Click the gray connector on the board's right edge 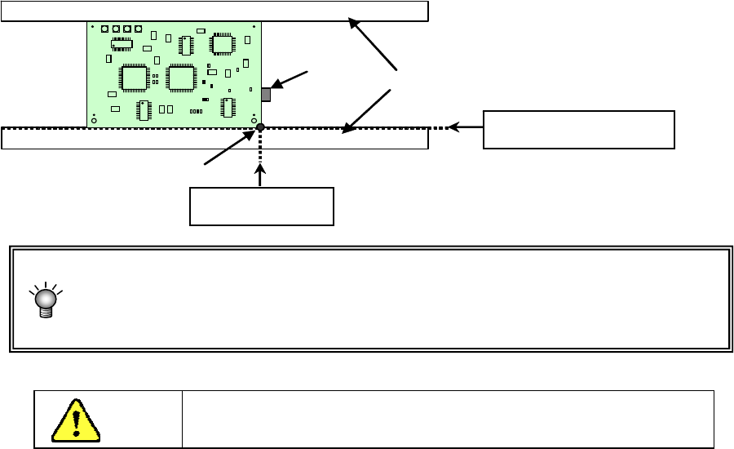coord(265,94)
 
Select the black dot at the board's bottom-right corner coord(260,127)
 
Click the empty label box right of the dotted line coord(578,130)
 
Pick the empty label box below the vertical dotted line coord(261,207)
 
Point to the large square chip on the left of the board coord(131,77)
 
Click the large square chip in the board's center coord(180,77)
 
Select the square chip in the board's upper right coord(223,43)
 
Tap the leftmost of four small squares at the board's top coord(105,29)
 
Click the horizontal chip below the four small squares coord(122,43)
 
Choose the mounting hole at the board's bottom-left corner coord(94,121)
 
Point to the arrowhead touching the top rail coord(354,24)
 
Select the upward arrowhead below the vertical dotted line coord(261,169)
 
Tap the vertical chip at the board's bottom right coord(227,108)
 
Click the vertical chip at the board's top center coord(186,45)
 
